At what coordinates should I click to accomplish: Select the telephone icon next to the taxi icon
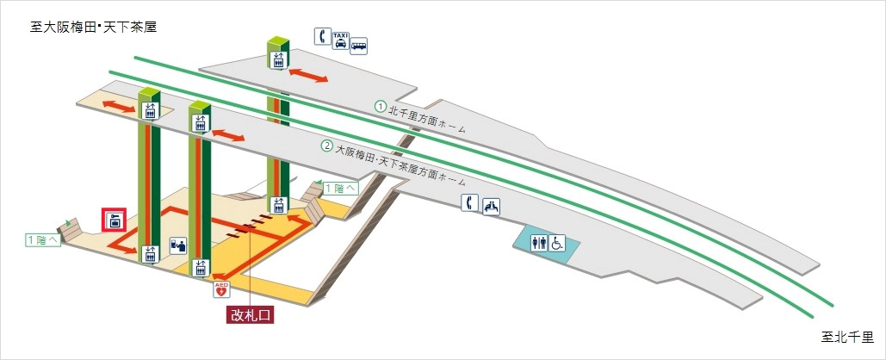[x=323, y=36]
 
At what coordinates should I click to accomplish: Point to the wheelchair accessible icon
[x=555, y=243]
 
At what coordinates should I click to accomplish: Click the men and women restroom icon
[x=539, y=243]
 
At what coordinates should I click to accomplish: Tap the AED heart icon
[x=222, y=289]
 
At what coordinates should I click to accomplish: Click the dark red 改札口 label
[x=250, y=315]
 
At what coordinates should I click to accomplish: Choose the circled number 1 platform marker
[x=380, y=106]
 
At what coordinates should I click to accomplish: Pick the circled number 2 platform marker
[x=326, y=146]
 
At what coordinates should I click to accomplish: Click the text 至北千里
[x=847, y=337]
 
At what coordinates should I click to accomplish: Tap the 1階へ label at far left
[x=43, y=240]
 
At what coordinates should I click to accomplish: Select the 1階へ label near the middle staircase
[x=339, y=188]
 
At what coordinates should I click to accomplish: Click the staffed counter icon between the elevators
[x=178, y=245]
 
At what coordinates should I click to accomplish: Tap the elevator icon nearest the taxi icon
[x=278, y=60]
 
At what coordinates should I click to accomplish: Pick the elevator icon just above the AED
[x=201, y=268]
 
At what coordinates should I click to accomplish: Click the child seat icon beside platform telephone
[x=491, y=206]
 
